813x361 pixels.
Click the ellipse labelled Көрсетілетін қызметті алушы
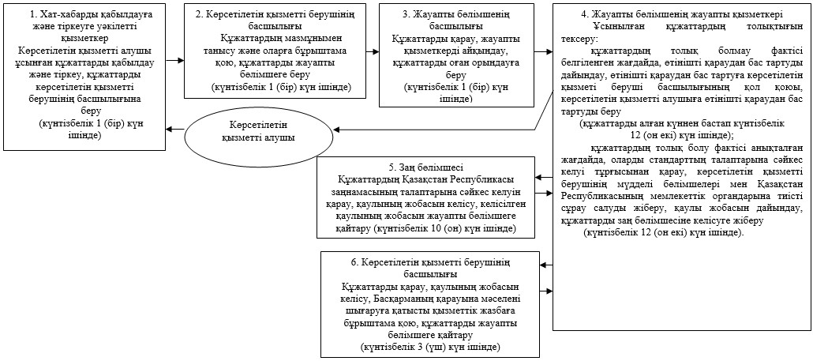(x=258, y=132)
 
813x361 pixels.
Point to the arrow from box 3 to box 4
(x=543, y=51)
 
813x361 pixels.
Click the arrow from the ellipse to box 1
(x=175, y=129)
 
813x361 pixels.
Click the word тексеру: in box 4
(x=579, y=39)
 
